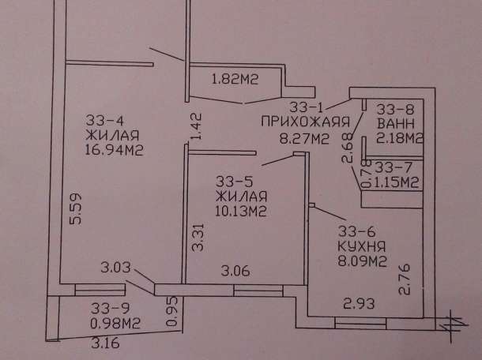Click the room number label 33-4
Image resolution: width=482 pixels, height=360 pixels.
pos(104,120)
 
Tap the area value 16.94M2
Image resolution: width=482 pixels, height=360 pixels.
pos(114,150)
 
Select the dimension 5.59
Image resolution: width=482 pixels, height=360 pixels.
pos(76,209)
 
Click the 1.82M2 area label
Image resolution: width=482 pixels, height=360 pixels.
pos(235,79)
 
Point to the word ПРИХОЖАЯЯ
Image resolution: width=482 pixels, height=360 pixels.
pos(306,122)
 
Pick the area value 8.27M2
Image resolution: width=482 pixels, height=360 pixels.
pos(304,139)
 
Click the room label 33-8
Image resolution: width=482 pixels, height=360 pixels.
pos(396,109)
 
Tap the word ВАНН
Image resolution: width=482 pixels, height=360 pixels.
pos(396,124)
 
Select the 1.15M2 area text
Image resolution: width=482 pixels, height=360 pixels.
pos(396,182)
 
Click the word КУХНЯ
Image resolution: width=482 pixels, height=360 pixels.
pos(362,246)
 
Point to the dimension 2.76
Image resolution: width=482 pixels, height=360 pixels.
pos(405,279)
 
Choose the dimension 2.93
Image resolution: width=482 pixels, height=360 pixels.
pos(359,303)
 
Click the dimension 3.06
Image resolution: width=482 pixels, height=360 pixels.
pos(235,271)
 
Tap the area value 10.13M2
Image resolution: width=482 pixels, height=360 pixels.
pos(240,212)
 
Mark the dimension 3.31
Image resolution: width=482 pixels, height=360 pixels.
pos(198,238)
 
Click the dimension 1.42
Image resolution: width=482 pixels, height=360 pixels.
pos(196,126)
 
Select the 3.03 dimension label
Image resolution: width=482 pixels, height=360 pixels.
pos(115,267)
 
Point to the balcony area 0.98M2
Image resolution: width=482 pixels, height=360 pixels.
pos(115,323)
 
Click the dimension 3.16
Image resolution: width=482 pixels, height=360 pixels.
pos(105,343)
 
